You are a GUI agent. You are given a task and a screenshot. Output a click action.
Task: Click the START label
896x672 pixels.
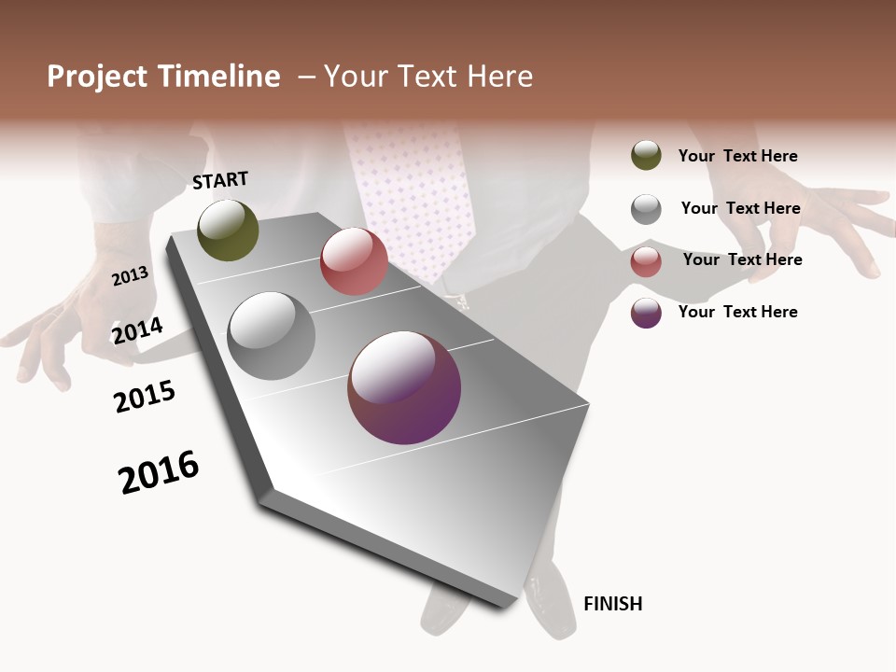(x=220, y=180)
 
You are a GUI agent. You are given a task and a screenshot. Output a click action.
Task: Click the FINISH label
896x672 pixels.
(x=612, y=604)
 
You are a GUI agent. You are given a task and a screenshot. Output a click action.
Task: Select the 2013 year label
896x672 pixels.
(x=130, y=275)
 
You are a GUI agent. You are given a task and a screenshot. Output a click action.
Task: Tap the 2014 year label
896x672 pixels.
(x=137, y=330)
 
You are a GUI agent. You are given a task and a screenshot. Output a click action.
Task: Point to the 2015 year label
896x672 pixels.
(x=145, y=398)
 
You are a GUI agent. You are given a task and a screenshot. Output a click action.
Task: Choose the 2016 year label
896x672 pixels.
(x=159, y=472)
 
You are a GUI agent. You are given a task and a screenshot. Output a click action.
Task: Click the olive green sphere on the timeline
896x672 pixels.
(x=228, y=230)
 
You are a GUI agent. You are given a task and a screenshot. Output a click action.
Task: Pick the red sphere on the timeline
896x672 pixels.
(x=354, y=261)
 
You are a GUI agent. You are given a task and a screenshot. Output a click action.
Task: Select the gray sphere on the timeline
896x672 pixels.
(x=271, y=336)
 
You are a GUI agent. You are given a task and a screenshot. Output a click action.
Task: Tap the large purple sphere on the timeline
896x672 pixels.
(x=404, y=387)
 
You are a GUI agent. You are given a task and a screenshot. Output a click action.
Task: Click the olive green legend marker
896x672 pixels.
(x=646, y=156)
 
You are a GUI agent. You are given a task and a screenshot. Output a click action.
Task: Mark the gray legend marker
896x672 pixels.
(x=646, y=209)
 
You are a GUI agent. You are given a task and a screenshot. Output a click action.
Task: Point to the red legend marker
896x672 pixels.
(x=646, y=260)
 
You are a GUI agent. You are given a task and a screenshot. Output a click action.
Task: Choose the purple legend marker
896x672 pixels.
(x=646, y=313)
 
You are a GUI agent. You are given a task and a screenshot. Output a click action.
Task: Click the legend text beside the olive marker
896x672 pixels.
(x=737, y=157)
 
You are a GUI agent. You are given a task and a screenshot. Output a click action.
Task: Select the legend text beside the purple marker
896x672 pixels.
(x=737, y=312)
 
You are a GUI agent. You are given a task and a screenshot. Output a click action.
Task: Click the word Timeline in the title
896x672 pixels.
(x=219, y=77)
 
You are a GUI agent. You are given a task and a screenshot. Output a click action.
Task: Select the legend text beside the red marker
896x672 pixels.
(x=742, y=259)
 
